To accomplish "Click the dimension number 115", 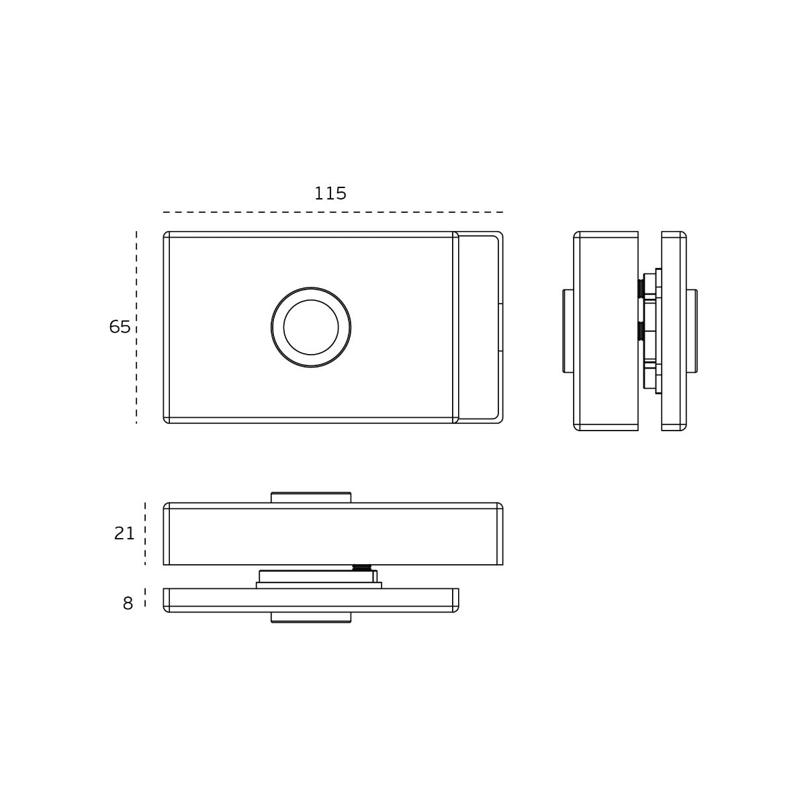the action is pos(330,193).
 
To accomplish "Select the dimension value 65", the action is pos(120,326).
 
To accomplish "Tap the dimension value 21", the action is pos(124,533).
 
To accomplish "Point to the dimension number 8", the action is pos(128,604).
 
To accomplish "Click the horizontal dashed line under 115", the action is pos(333,212).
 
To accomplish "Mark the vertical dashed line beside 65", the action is pos(136,327).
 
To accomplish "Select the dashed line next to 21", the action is pos(145,534).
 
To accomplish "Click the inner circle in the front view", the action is pos(311,327).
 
